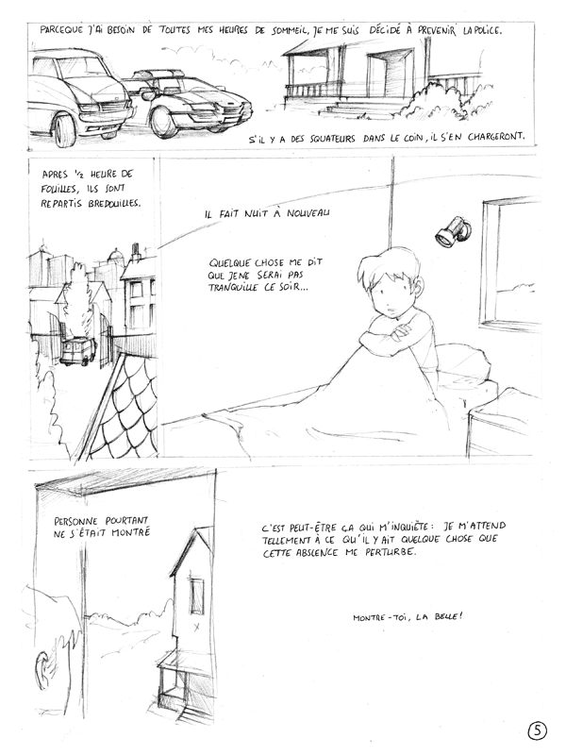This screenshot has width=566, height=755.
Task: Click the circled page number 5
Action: tap(537, 730)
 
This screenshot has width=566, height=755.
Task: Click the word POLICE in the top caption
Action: tap(486, 30)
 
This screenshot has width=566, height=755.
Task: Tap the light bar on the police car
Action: tap(158, 74)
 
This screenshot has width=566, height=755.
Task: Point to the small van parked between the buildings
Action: tap(78, 351)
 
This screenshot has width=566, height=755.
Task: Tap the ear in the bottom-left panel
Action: tap(42, 670)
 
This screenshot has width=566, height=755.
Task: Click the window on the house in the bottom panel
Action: tap(196, 596)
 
